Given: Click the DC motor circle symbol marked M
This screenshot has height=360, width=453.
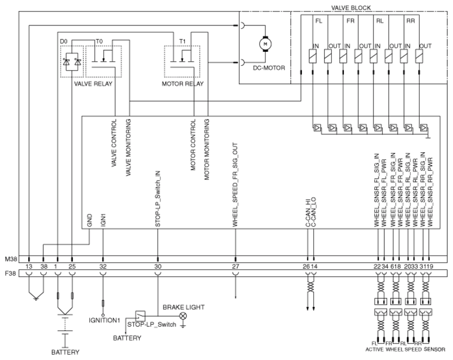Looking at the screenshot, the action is (x=265, y=44).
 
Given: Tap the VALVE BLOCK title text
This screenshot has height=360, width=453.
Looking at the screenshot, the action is (x=351, y=8).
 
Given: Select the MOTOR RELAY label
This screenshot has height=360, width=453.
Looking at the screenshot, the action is (x=182, y=84).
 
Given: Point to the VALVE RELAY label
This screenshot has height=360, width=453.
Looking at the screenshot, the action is (x=93, y=84).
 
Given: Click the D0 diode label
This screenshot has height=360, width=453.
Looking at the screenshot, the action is (x=63, y=42).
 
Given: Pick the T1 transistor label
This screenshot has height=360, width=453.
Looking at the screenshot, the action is (x=182, y=42).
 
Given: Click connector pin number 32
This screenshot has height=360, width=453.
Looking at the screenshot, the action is (x=103, y=267).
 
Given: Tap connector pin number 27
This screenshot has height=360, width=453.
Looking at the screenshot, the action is (x=235, y=267).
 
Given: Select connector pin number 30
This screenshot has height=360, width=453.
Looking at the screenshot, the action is (x=158, y=267).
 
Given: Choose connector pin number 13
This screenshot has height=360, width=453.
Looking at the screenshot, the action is (x=29, y=267).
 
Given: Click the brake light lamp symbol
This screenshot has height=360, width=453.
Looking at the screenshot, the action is (x=183, y=316).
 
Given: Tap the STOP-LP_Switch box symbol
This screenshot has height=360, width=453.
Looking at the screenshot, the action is (x=140, y=316).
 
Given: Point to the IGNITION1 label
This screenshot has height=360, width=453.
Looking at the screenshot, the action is (x=104, y=320).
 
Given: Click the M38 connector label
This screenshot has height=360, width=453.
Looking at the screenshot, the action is (x=10, y=259).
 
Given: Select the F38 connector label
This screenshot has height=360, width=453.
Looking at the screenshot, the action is (x=10, y=273).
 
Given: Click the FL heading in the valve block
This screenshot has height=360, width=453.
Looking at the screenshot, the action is (x=319, y=21).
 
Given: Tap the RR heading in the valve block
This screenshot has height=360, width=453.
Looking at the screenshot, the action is (x=410, y=21).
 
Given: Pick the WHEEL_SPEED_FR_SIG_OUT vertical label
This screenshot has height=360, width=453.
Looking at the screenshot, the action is (x=235, y=185).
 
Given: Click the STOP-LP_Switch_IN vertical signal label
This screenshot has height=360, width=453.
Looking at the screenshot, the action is (x=158, y=199).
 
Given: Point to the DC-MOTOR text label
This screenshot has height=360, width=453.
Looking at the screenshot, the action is (x=269, y=68).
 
